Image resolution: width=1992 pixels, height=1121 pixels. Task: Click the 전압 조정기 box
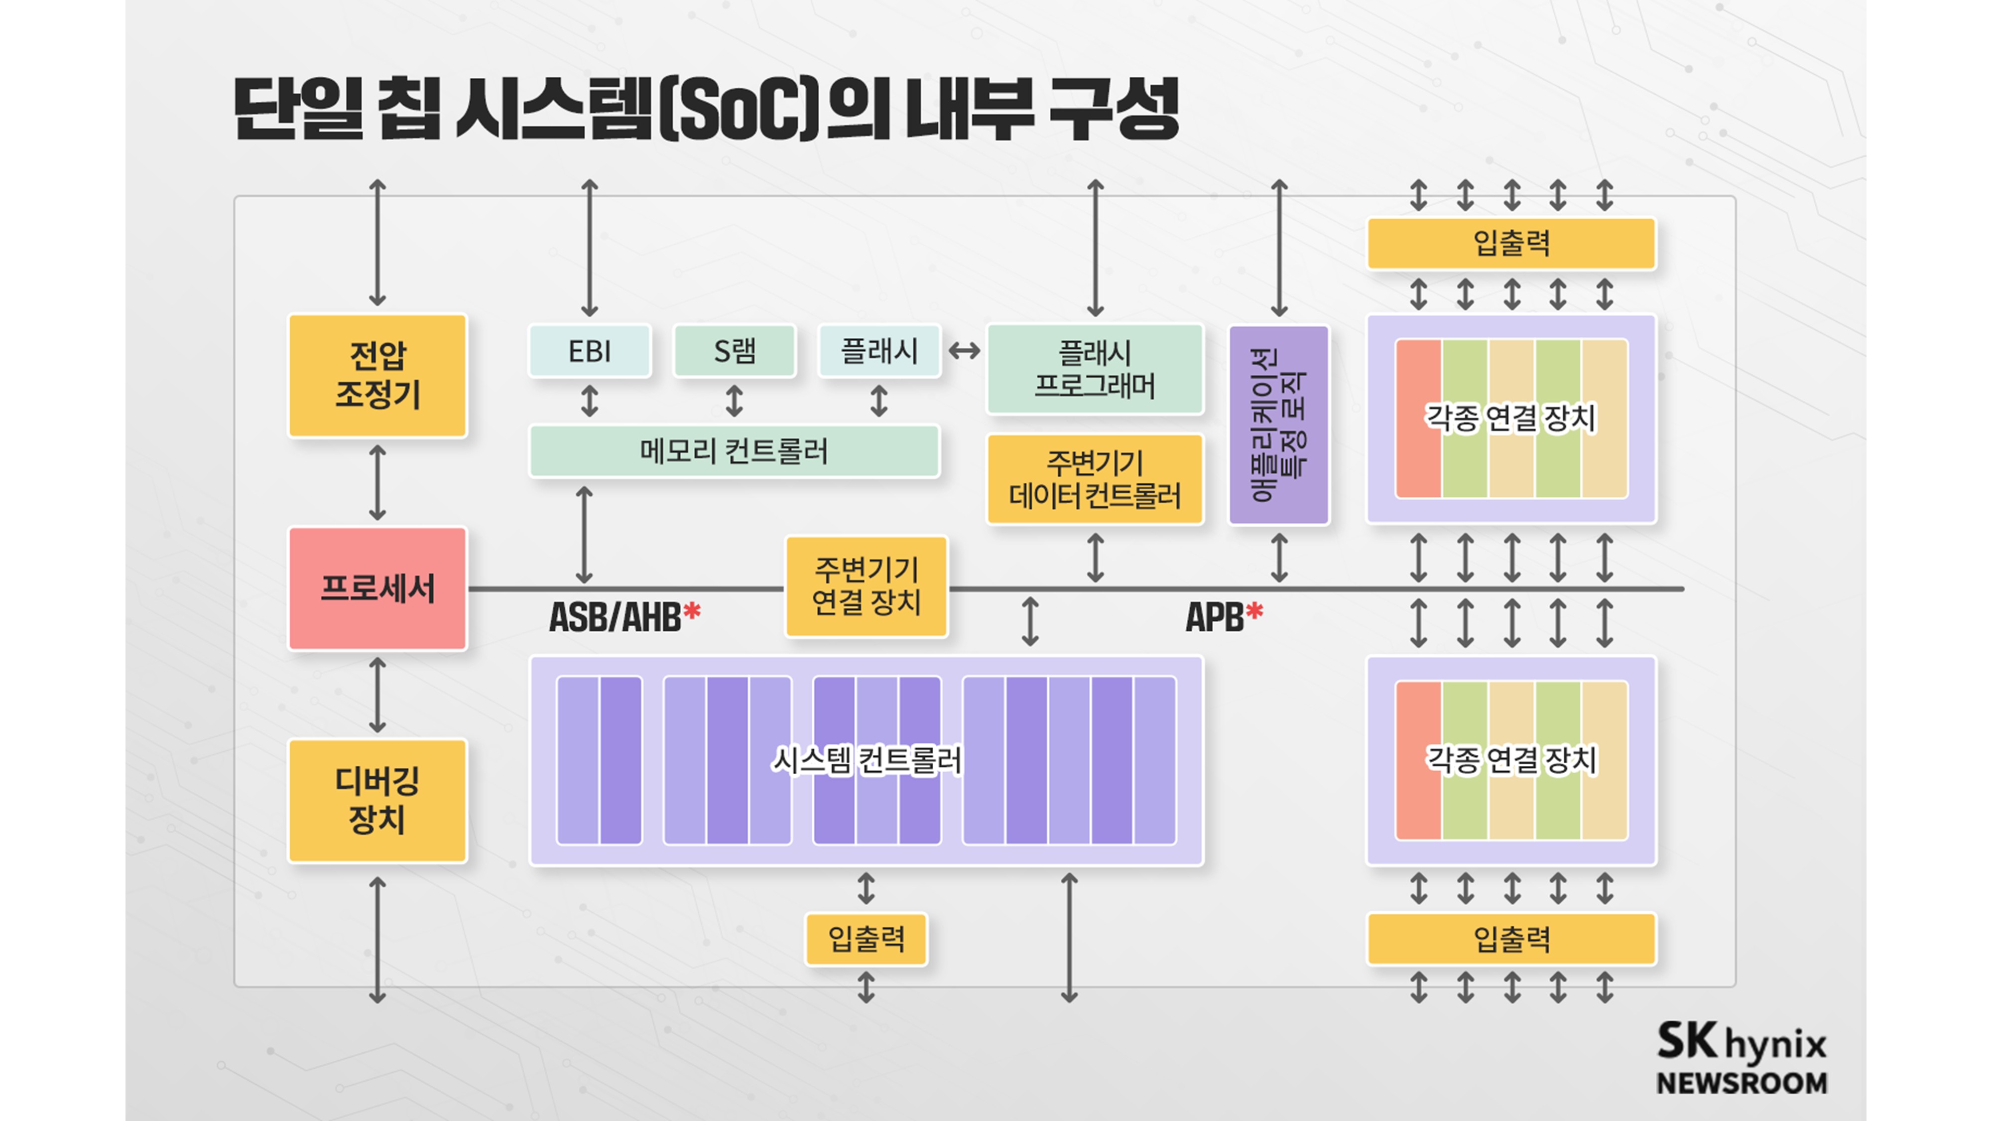click(x=377, y=375)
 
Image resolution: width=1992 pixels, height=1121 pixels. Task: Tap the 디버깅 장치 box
click(x=377, y=801)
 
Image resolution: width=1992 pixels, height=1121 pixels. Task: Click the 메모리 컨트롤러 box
click(x=734, y=451)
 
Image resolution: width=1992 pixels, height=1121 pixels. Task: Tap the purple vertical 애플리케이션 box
click(x=1279, y=424)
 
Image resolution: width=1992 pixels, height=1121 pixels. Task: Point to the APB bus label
click(x=1214, y=617)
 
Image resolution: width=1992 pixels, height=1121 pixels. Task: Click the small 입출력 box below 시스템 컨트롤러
click(x=866, y=939)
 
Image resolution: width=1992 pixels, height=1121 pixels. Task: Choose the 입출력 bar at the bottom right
click(x=1511, y=939)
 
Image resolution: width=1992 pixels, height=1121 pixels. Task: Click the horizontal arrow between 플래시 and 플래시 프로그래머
click(x=964, y=351)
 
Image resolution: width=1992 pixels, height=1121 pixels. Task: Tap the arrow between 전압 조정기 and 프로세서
click(x=377, y=482)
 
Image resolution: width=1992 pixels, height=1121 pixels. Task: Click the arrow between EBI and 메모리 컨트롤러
click(x=589, y=401)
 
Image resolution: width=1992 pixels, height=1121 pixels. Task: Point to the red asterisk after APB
click(x=1254, y=612)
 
